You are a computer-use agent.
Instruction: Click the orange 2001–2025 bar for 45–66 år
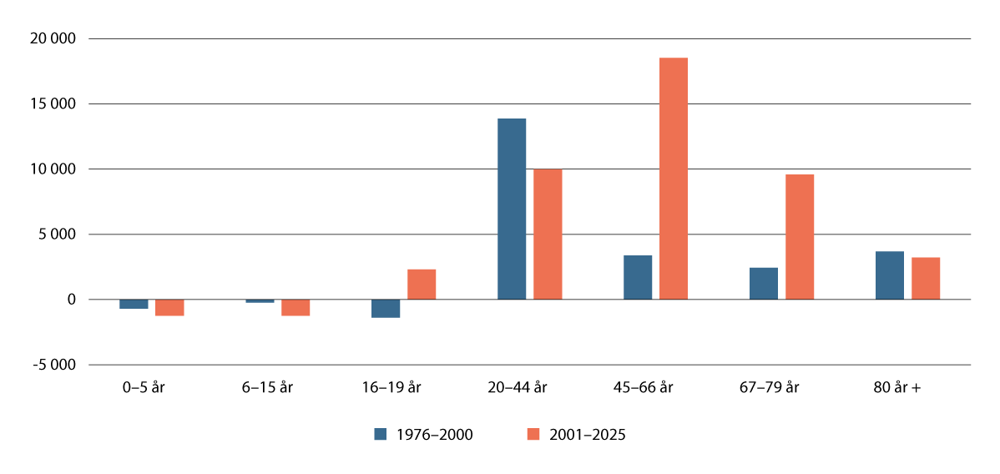674,179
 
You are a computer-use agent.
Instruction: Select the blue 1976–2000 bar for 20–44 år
512,209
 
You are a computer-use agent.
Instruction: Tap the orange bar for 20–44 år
548,234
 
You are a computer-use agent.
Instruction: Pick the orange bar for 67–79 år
800,236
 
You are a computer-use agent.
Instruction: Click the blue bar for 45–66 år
638,277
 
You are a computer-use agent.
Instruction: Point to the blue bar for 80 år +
890,275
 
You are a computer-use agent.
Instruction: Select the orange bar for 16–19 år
422,284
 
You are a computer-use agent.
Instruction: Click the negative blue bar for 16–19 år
386,309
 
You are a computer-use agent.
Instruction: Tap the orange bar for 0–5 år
169,307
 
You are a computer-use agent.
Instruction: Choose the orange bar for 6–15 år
295,307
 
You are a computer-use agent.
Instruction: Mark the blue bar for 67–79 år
764,283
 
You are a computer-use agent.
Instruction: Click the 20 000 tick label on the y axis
52,39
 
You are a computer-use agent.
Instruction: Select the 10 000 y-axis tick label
52,169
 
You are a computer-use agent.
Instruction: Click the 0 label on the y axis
71,300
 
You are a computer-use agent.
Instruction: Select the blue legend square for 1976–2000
381,434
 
